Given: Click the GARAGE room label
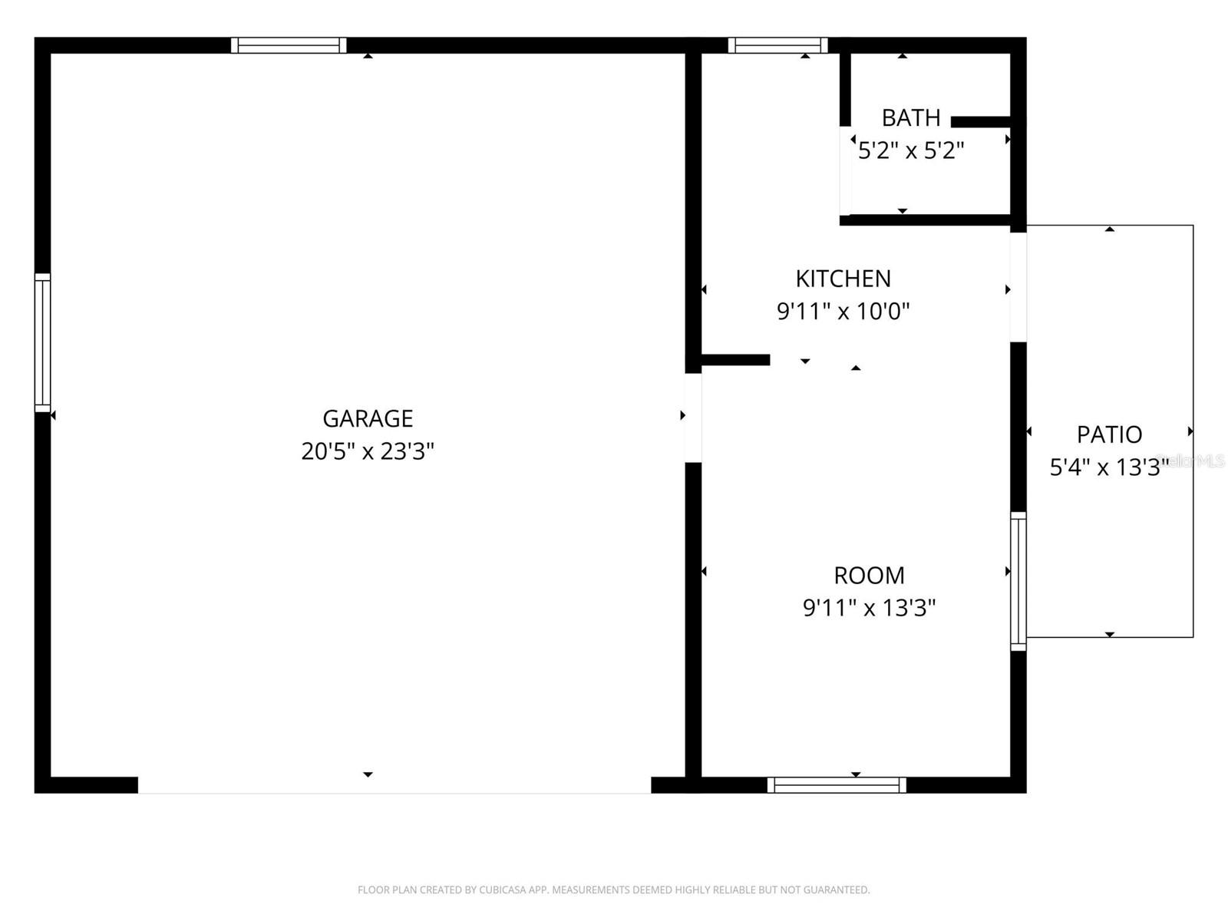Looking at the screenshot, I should [x=368, y=418].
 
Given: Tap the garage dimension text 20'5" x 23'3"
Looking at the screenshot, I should [x=368, y=451].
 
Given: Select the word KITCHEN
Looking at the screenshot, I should [x=843, y=279].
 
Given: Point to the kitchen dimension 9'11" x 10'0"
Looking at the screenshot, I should [x=843, y=312].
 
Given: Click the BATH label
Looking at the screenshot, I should [x=910, y=118].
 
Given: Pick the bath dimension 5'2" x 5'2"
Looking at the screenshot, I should [x=910, y=150].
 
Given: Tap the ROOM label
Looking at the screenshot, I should [x=869, y=576].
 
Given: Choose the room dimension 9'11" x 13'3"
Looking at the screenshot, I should [x=869, y=608].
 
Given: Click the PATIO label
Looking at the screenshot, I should [x=1109, y=435].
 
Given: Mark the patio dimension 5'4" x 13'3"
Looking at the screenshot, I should [x=1108, y=467].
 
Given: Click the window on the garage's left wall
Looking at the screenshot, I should [x=42, y=342].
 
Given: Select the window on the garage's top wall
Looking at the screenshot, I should [x=289, y=45].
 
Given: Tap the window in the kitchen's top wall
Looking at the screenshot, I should [x=777, y=45].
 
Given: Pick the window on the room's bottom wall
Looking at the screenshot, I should [x=837, y=784].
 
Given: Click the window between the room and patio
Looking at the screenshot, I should [x=1018, y=581].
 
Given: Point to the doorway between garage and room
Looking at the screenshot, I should [x=693, y=418].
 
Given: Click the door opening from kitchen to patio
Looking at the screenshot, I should [x=1018, y=287].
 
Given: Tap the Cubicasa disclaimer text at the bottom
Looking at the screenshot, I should [x=613, y=890].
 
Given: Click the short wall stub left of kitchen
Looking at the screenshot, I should [x=734, y=360].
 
